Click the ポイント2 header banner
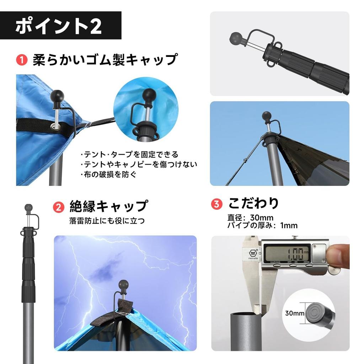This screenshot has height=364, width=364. [61, 26]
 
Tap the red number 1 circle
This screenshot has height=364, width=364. [22, 60]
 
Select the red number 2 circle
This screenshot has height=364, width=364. [58, 207]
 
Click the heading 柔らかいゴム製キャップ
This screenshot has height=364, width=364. [105, 59]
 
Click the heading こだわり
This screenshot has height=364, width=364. [253, 203]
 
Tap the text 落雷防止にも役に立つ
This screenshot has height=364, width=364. [107, 221]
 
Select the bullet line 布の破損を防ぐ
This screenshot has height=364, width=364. [108, 175]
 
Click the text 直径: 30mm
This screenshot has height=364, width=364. [250, 218]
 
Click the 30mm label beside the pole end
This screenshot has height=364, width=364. [294, 313]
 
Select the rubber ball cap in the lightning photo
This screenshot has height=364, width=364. [124, 285]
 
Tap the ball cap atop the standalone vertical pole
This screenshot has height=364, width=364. [28, 207]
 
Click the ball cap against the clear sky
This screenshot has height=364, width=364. [266, 116]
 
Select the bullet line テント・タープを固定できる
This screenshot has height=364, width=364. [130, 155]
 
